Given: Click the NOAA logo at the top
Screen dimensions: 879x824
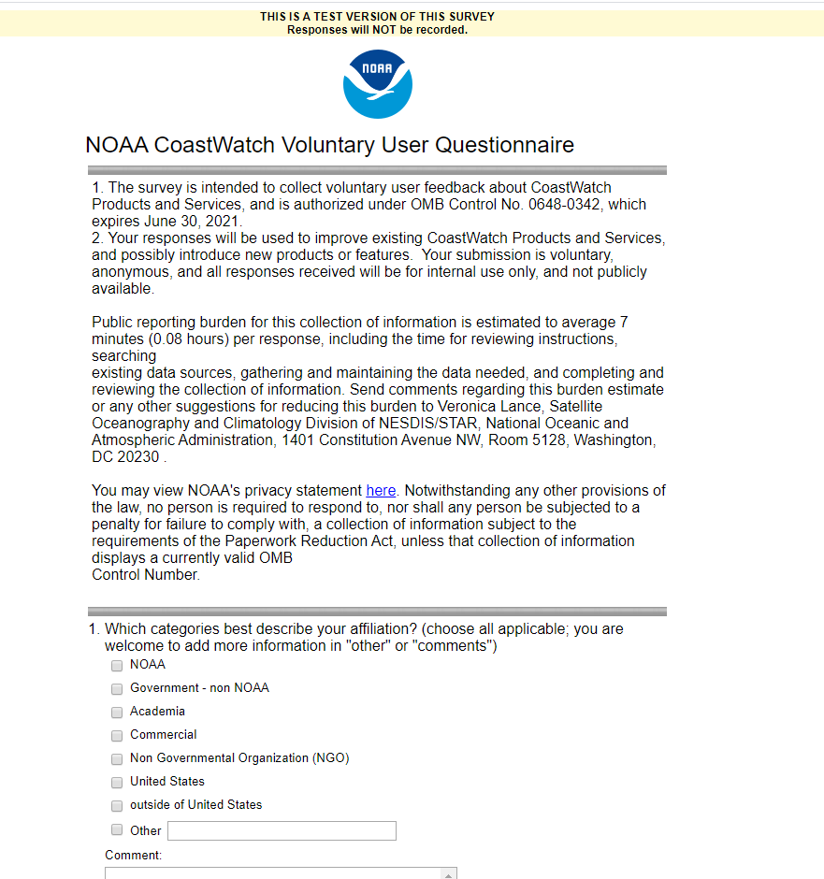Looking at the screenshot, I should (x=378, y=84).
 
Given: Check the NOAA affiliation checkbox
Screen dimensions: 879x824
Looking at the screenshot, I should (x=117, y=666).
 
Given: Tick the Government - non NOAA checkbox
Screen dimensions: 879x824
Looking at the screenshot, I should (x=117, y=689).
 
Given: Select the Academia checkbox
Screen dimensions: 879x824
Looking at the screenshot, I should (x=117, y=713).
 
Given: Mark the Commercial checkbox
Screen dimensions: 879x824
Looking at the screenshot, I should (x=117, y=736).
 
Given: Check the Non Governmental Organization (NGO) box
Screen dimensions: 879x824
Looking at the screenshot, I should (x=117, y=759).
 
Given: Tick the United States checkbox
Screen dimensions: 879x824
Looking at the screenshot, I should (x=117, y=783).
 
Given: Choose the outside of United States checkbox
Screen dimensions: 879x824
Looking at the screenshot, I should (x=117, y=806).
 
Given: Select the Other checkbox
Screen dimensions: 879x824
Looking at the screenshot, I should (x=117, y=829).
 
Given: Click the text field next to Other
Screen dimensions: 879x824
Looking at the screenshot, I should (x=282, y=830).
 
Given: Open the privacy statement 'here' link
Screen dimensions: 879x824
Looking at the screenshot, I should (x=381, y=490).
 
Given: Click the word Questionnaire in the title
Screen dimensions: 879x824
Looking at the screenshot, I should (x=505, y=145).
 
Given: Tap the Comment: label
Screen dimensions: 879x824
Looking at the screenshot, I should (x=134, y=855).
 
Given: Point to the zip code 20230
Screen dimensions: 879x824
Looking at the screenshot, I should (x=138, y=456).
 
